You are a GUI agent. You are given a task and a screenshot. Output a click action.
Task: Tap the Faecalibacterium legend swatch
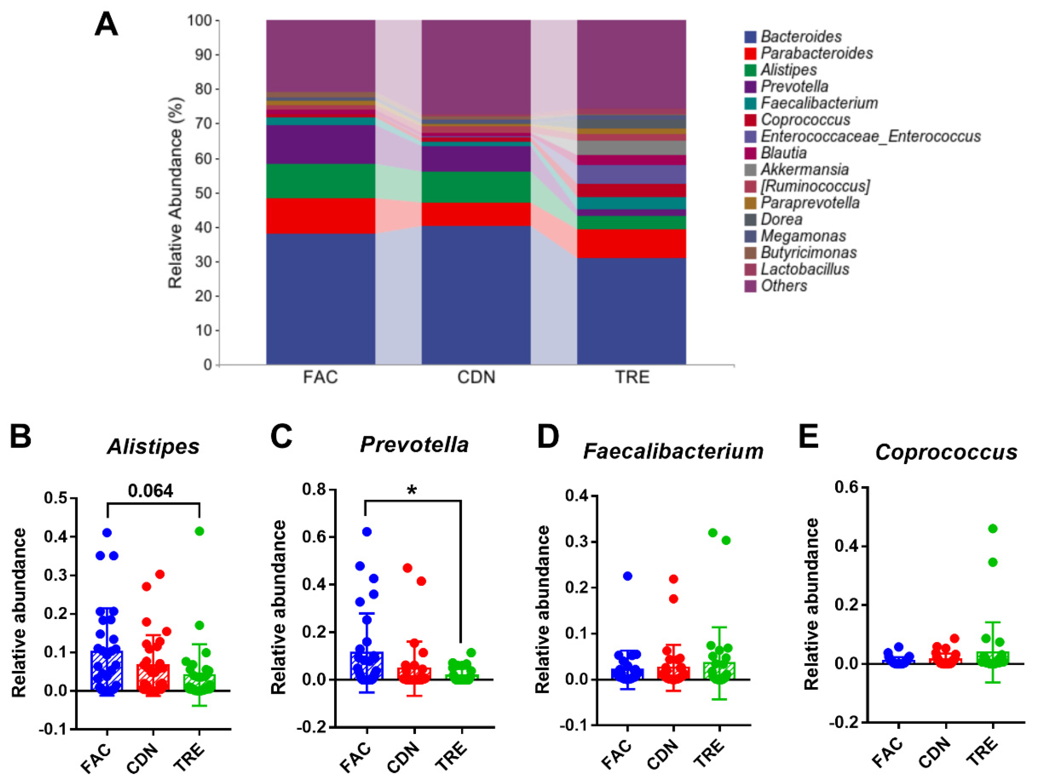pyautogui.click(x=750, y=103)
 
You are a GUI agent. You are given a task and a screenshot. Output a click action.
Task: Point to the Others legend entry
pyautogui.click(x=784, y=286)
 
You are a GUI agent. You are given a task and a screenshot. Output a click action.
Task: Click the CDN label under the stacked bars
pyautogui.click(x=476, y=377)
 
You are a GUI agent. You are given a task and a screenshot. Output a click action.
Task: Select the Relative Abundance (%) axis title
pyautogui.click(x=175, y=193)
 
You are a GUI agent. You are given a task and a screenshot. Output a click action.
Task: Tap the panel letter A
pyautogui.click(x=106, y=24)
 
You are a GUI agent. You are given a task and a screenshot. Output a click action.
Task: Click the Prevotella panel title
pyautogui.click(x=414, y=445)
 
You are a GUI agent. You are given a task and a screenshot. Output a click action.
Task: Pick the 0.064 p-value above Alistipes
pyautogui.click(x=151, y=490)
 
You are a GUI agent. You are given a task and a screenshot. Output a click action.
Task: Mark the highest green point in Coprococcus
pyautogui.click(x=992, y=528)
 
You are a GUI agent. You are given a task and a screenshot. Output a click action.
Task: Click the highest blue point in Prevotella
pyautogui.click(x=367, y=531)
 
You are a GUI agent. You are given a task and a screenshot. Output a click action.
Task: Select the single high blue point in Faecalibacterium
pyautogui.click(x=627, y=576)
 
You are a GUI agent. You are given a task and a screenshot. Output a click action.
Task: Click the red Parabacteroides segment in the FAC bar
pyautogui.click(x=321, y=216)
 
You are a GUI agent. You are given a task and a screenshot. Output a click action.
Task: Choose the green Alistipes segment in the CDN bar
pyautogui.click(x=476, y=187)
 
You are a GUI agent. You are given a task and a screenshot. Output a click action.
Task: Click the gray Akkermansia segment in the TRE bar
pyautogui.click(x=631, y=148)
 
